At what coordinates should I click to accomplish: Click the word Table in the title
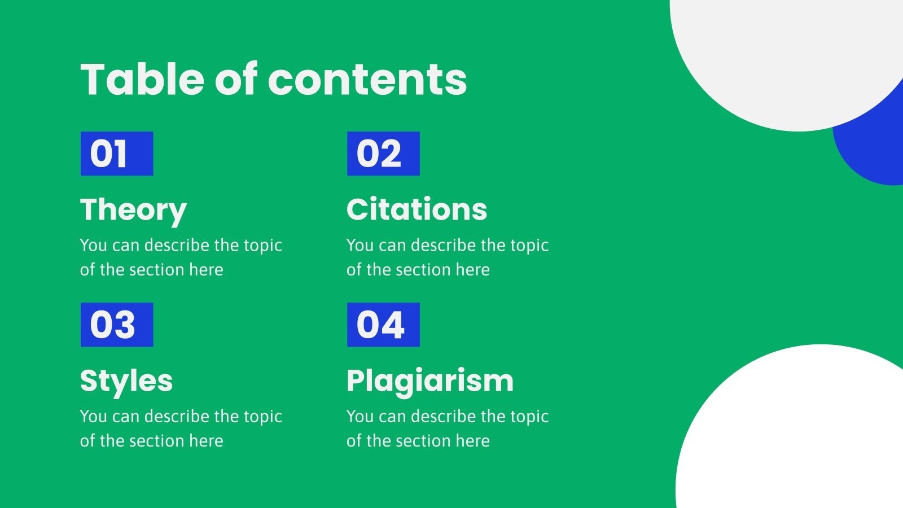[142, 79]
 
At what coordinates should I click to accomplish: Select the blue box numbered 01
[117, 154]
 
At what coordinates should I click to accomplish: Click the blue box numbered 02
[383, 154]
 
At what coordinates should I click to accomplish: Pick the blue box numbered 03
[117, 325]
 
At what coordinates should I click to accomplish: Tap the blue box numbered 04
[383, 325]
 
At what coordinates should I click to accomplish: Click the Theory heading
[133, 210]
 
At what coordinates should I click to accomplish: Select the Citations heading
[417, 209]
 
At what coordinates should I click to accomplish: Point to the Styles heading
[126, 381]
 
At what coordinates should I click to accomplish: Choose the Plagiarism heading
[430, 381]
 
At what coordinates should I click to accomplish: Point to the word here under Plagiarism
[472, 441]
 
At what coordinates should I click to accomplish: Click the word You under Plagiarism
[360, 417]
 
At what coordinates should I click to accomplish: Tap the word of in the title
[236, 79]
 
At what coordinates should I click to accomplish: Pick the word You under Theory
[94, 246]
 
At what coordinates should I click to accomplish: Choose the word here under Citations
[472, 270]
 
